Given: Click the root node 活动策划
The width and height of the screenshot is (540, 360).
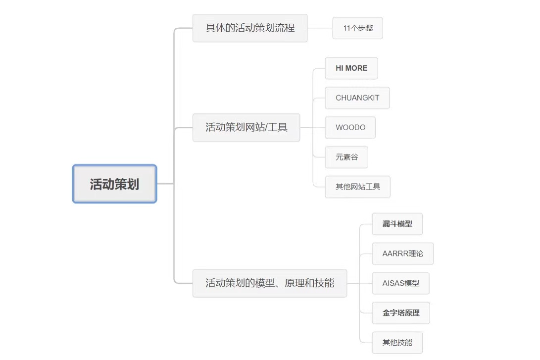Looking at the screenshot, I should pyautogui.click(x=114, y=184).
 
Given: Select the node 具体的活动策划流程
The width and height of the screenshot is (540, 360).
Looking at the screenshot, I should pyautogui.click(x=250, y=28).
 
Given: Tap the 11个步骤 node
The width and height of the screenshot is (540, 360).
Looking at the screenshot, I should pyautogui.click(x=358, y=28).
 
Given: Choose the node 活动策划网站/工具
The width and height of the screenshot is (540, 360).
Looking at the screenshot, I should pyautogui.click(x=246, y=127).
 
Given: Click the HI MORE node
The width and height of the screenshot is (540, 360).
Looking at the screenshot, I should pyautogui.click(x=351, y=68).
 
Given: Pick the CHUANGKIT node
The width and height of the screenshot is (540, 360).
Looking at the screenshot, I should pyautogui.click(x=357, y=98).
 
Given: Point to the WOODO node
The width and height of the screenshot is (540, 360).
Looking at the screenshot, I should pyautogui.click(x=350, y=128).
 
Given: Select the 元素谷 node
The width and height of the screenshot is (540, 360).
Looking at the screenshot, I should pyautogui.click(x=346, y=157).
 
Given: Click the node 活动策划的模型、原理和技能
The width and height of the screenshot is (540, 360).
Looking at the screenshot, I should pyautogui.click(x=270, y=283).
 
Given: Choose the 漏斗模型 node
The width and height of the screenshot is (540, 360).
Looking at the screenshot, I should pyautogui.click(x=397, y=224).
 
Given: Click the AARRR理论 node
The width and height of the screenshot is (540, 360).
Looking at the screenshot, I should pyautogui.click(x=403, y=254).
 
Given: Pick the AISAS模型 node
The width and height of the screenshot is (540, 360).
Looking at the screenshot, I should pyautogui.click(x=400, y=283).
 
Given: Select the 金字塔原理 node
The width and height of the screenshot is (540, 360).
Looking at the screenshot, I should pyautogui.click(x=401, y=313).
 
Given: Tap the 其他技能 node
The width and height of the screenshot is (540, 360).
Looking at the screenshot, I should pyautogui.click(x=397, y=343).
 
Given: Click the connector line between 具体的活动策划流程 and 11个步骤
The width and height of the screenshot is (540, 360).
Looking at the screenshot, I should pyautogui.click(x=320, y=28).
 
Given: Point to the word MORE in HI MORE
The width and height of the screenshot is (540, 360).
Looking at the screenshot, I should pyautogui.click(x=356, y=68).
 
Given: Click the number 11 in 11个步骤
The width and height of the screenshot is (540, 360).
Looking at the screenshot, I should pyautogui.click(x=347, y=28).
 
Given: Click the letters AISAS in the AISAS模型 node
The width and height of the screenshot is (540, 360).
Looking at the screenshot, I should pyautogui.click(x=393, y=283).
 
